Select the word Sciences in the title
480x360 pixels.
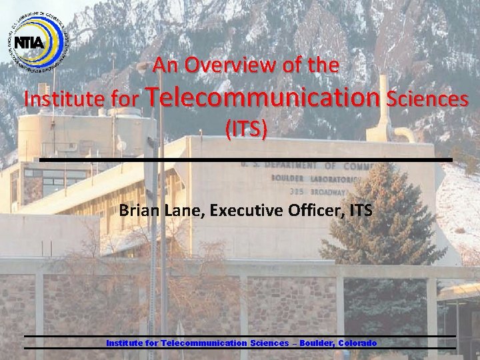[427, 99]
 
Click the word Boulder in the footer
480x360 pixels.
[317, 343]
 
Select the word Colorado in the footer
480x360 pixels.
[357, 343]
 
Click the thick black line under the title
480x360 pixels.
[245, 160]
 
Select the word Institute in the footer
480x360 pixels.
[125, 343]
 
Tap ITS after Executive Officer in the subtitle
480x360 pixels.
[361, 211]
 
